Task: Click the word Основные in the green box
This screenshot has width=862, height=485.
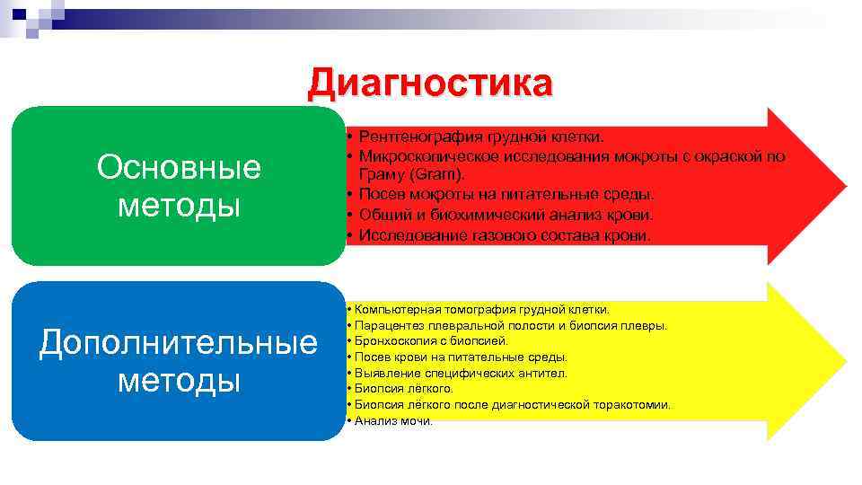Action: click(x=179, y=167)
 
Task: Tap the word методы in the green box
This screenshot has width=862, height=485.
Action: click(x=179, y=206)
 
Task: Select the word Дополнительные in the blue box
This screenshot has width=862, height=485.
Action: click(x=179, y=342)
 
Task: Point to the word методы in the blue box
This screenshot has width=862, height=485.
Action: click(x=179, y=381)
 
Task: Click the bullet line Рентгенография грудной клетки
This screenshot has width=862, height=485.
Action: click(x=481, y=137)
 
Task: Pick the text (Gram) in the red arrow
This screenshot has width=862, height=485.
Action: click(x=411, y=174)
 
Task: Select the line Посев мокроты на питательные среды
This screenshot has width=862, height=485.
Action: click(x=506, y=194)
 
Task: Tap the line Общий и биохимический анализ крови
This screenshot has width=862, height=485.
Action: click(x=506, y=215)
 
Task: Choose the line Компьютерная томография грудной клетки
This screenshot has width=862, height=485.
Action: click(x=481, y=309)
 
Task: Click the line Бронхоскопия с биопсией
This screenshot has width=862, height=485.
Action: click(x=431, y=341)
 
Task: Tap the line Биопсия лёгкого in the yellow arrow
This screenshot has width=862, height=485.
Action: click(x=403, y=389)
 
